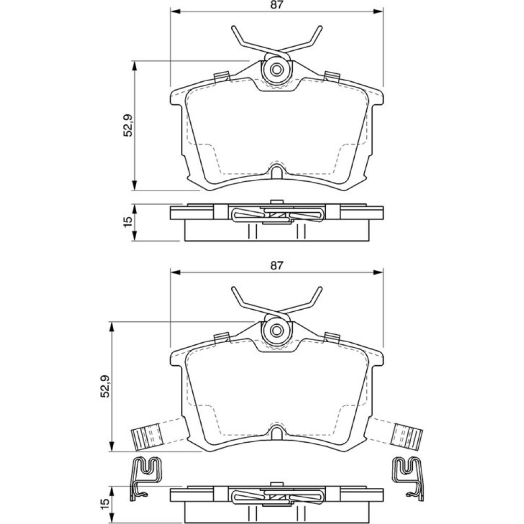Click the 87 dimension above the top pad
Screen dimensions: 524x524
277,5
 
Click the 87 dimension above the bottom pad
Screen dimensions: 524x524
277,266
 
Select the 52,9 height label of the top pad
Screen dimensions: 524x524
128,125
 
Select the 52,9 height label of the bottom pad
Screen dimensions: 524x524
105,386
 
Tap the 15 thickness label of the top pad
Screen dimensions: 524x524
128,222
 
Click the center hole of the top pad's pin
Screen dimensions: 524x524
276,70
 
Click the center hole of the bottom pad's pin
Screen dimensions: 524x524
276,331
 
